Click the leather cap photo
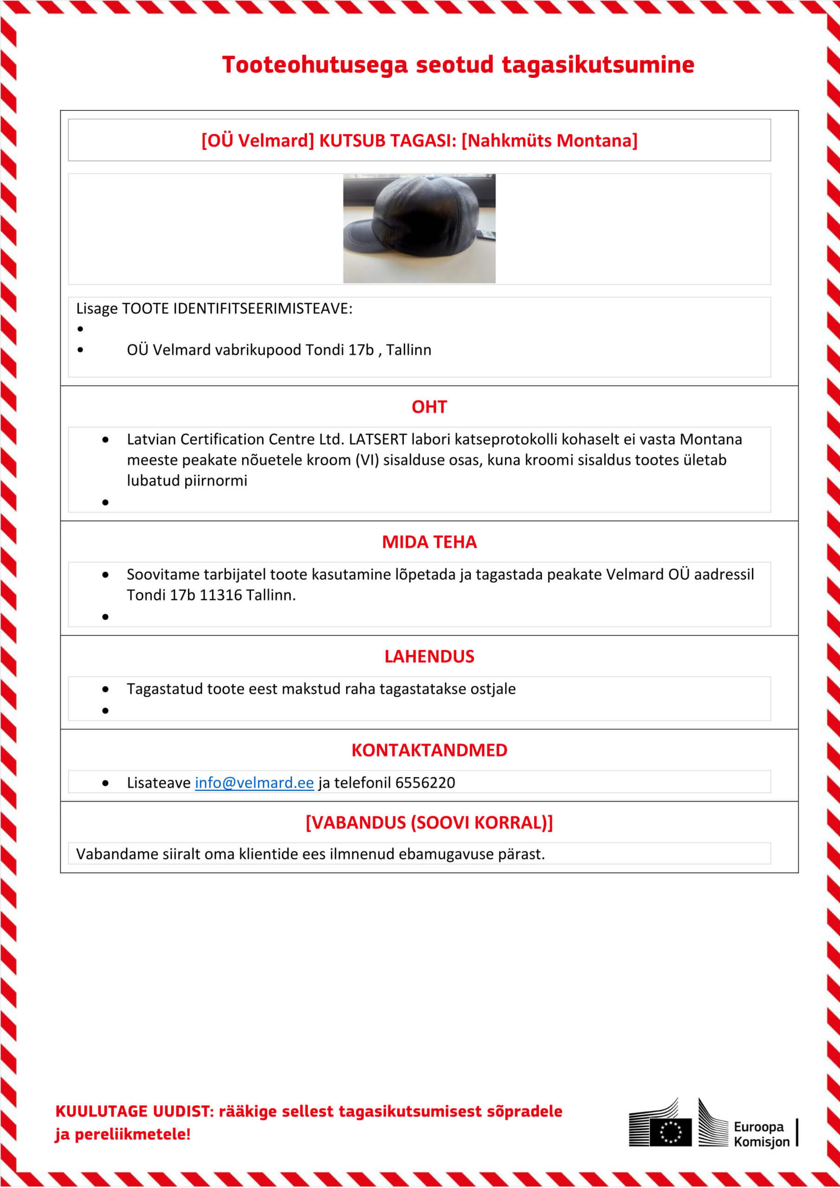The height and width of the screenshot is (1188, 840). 419,228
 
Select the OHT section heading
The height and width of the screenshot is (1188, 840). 429,407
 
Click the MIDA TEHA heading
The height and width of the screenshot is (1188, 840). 429,542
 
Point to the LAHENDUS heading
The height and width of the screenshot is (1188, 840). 429,657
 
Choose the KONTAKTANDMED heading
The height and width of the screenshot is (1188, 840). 429,750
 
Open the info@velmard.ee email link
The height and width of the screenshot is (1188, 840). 254,783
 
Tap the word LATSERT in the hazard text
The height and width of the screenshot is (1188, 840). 378,439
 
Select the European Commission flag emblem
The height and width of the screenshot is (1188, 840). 671,1132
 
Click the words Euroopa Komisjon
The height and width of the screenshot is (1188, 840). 761,1134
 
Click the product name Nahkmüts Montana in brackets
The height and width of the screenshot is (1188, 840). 549,141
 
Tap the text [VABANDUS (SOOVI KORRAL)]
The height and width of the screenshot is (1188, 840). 429,823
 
